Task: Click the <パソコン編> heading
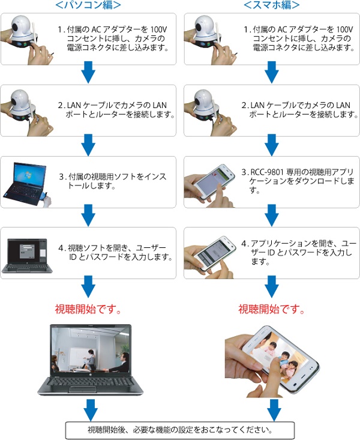88,5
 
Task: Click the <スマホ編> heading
272,5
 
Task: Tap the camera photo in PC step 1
26,39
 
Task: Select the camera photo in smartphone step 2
211,112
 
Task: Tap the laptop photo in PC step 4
27,256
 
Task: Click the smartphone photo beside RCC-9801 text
210,185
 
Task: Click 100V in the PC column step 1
158,29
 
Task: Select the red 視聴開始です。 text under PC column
88,309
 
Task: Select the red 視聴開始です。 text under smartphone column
271,309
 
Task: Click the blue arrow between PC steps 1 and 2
88,72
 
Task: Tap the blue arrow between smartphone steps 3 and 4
272,215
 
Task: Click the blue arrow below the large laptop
91,410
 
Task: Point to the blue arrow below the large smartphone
274,410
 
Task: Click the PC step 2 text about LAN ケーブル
116,110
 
